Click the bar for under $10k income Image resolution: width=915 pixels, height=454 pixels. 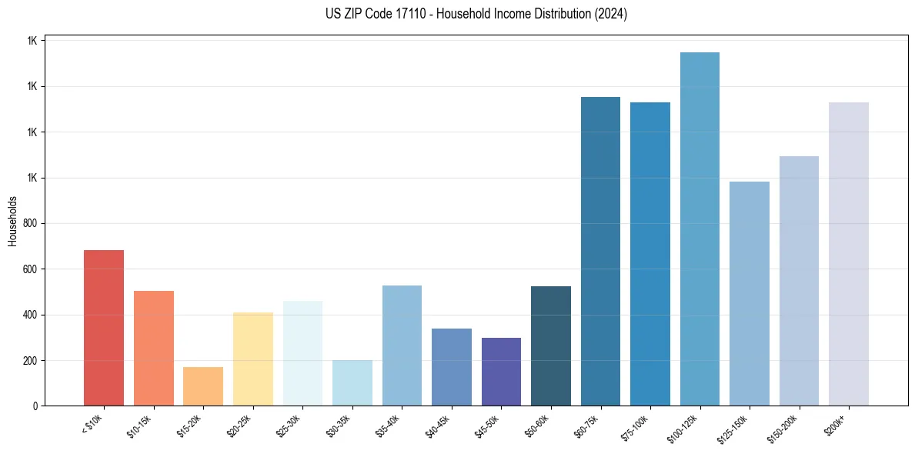point(104,328)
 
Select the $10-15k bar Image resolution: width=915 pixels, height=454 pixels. point(153,348)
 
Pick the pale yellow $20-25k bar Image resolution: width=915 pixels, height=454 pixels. point(253,359)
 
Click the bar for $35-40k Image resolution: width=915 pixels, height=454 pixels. point(402,346)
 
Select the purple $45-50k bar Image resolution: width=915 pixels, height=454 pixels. point(501,372)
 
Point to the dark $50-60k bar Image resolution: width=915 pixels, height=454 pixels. point(551,346)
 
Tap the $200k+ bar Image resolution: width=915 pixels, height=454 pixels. point(849,254)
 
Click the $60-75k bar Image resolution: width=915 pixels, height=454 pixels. point(600,251)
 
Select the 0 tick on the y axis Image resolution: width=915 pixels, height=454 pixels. point(35,406)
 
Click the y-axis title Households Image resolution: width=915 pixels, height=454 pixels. point(12,221)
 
